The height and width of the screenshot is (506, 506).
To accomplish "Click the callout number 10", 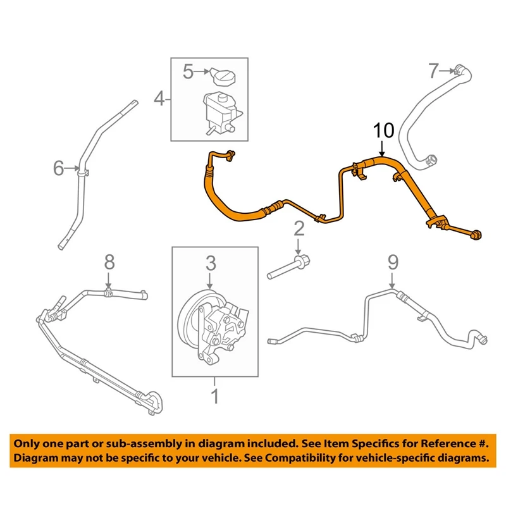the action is tap(383, 131).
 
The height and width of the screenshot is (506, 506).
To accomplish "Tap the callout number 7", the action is tap(433, 71).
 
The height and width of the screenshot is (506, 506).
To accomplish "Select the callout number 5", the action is tap(188, 72).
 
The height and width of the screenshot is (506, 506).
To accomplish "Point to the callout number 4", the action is tap(159, 98).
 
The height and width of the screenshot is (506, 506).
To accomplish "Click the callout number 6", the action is tap(59, 168).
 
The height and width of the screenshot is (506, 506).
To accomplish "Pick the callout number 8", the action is tap(109, 261).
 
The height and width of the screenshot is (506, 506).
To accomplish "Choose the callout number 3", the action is tap(210, 261).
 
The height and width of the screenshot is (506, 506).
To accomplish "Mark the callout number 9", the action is tap(393, 261).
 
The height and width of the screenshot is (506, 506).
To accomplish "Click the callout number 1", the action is tap(214, 397).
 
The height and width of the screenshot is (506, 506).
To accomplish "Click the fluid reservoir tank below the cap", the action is tap(218, 111).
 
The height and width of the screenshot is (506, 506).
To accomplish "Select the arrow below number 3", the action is tap(210, 281).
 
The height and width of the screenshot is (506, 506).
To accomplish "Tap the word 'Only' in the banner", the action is tap(30, 443).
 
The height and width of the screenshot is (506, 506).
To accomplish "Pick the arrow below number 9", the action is tap(393, 281).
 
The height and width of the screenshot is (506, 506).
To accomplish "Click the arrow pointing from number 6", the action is tap(73, 169).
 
